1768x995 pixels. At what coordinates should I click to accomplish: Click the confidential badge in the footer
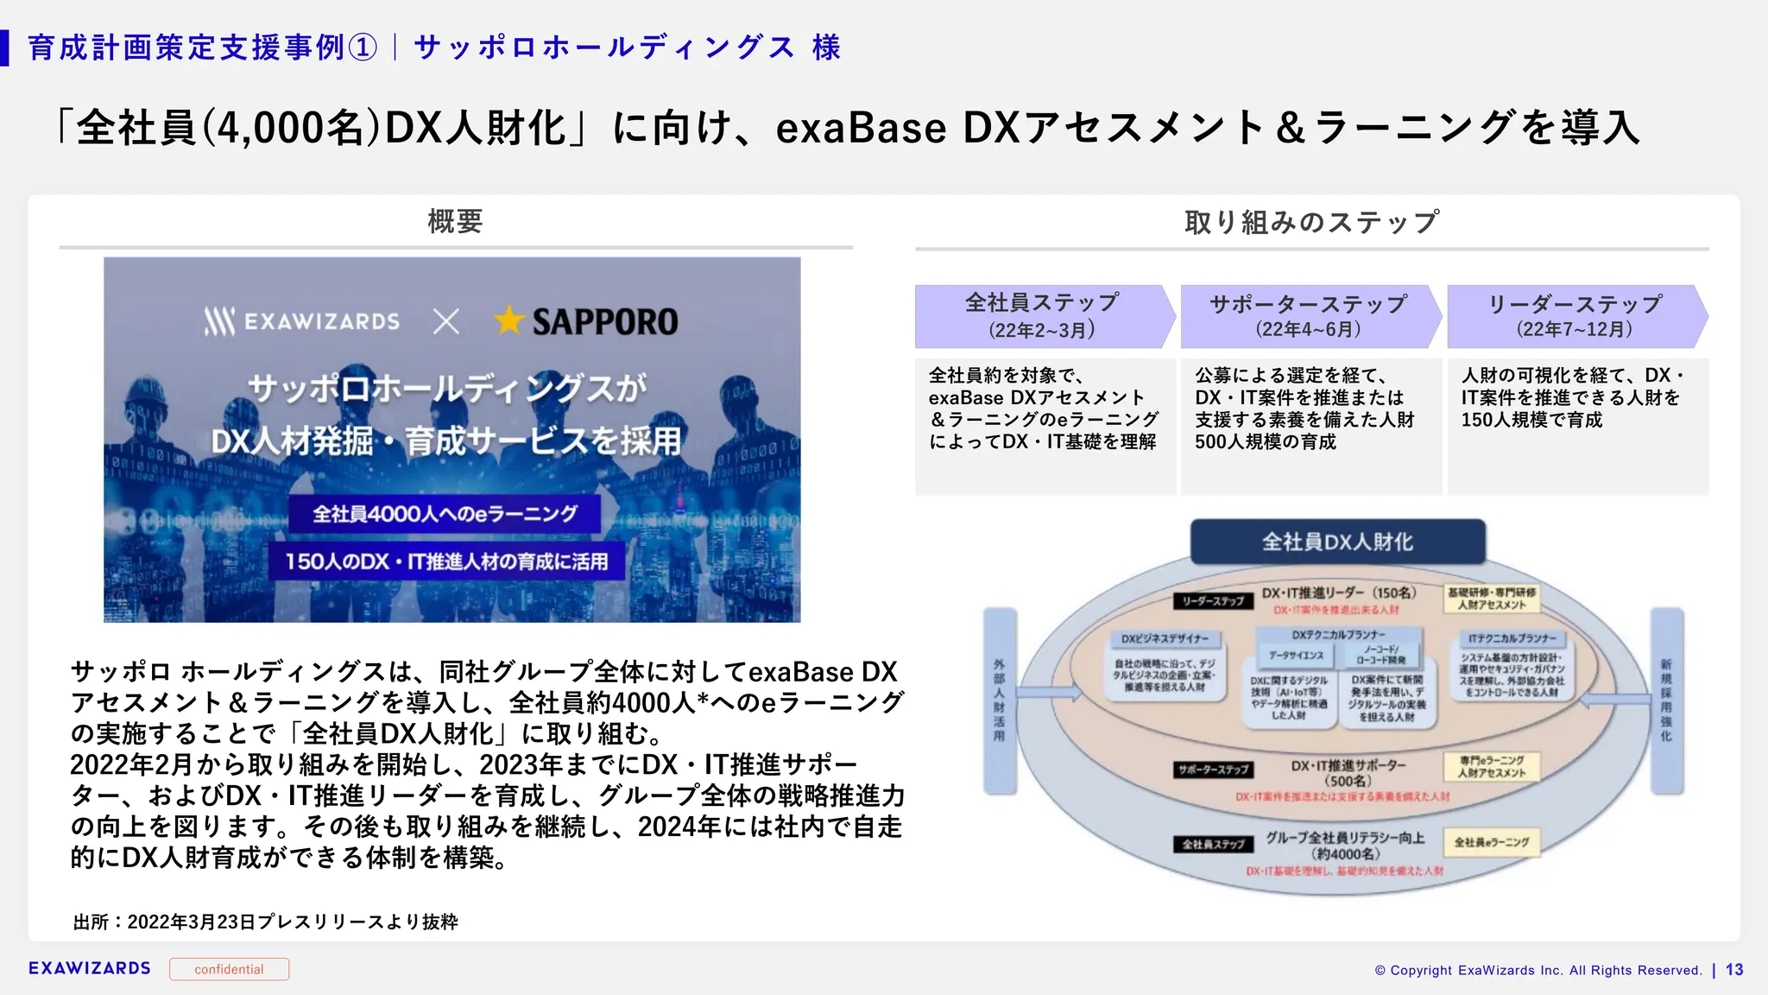click(x=229, y=969)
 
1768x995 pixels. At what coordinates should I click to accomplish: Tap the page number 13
click(x=1734, y=970)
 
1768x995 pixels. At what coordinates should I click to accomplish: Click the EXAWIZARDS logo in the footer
click(x=90, y=968)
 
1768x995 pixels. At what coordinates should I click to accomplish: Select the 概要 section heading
click(x=455, y=222)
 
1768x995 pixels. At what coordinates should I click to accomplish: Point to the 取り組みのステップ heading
click(x=1311, y=222)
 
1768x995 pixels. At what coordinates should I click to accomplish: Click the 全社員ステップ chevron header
click(x=1042, y=316)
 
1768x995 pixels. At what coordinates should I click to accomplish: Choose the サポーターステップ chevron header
click(x=1308, y=316)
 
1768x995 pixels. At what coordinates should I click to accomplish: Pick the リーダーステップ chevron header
click(x=1575, y=316)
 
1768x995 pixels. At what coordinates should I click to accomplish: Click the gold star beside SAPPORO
click(x=509, y=320)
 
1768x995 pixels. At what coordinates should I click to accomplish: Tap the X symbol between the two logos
click(x=446, y=322)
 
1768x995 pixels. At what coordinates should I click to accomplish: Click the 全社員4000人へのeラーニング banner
click(x=445, y=514)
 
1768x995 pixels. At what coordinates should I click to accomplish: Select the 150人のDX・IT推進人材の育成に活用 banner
click(x=446, y=561)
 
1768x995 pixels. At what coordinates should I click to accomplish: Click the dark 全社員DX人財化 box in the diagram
click(x=1337, y=542)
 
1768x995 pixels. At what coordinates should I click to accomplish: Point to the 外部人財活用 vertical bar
click(x=999, y=700)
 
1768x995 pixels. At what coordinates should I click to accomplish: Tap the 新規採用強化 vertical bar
click(x=1666, y=700)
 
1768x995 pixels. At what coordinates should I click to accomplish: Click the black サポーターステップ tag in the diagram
click(x=1213, y=769)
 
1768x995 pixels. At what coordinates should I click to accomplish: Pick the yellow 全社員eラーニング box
click(x=1492, y=842)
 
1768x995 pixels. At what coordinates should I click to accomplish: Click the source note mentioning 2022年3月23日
click(x=266, y=922)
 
